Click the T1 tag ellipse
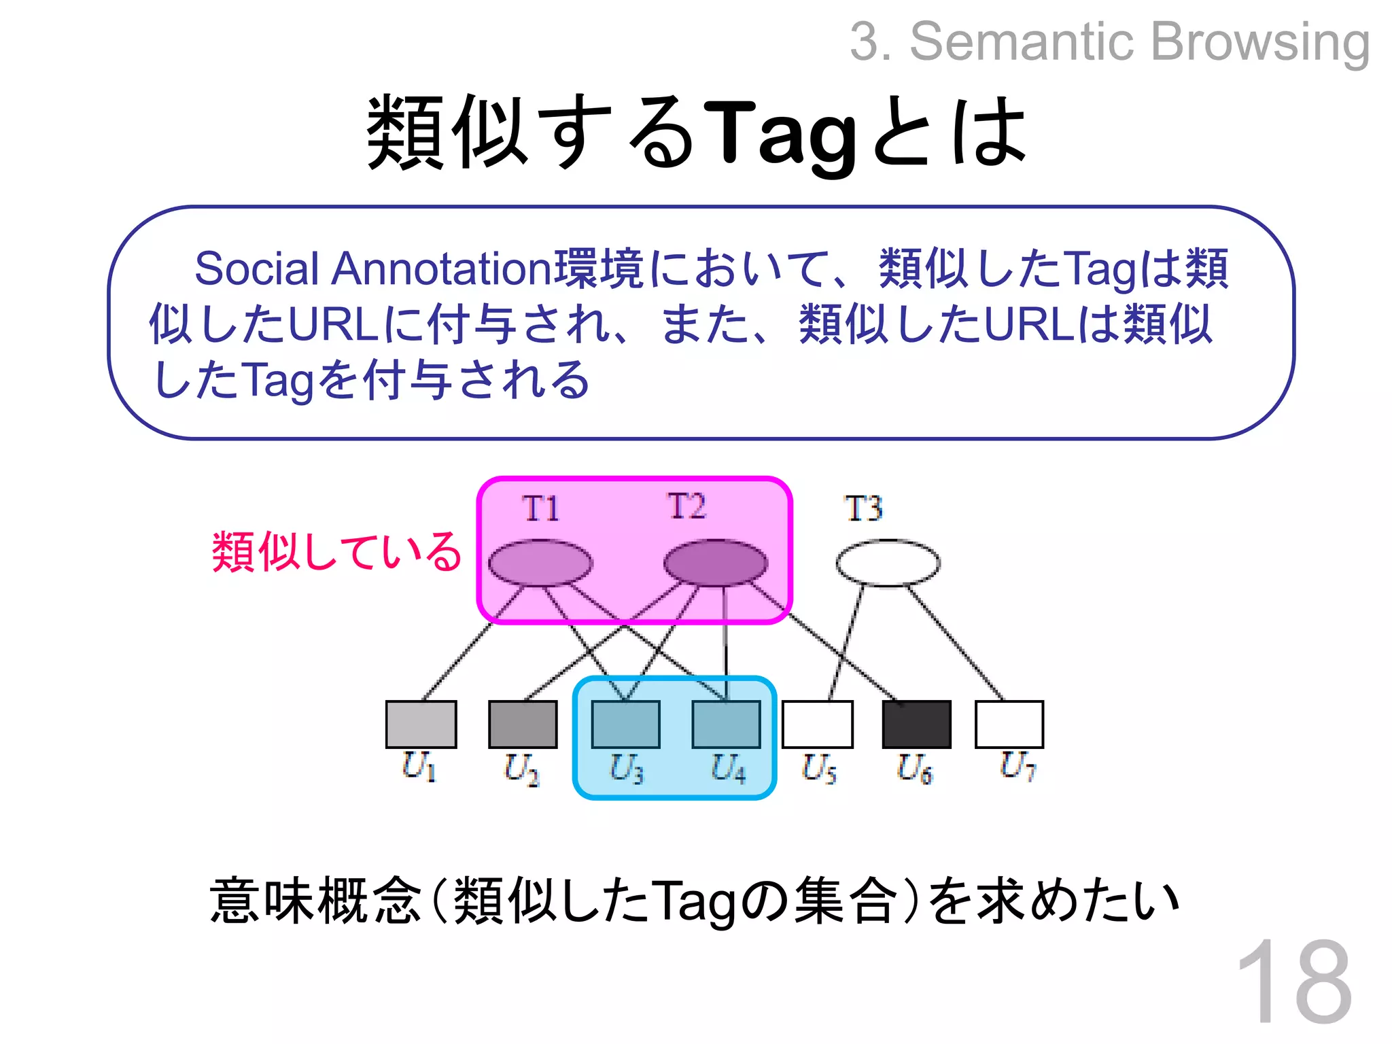540,563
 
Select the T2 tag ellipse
715,563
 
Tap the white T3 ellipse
888,563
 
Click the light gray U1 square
421,725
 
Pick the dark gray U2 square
523,725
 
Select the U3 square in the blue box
625,725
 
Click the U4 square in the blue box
726,725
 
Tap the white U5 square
818,725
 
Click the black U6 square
916,725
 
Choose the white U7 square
1009,725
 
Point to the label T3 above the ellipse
863,508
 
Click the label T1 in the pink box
541,508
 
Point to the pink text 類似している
337,551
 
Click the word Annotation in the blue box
442,268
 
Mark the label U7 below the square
1017,767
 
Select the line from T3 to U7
955,642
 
